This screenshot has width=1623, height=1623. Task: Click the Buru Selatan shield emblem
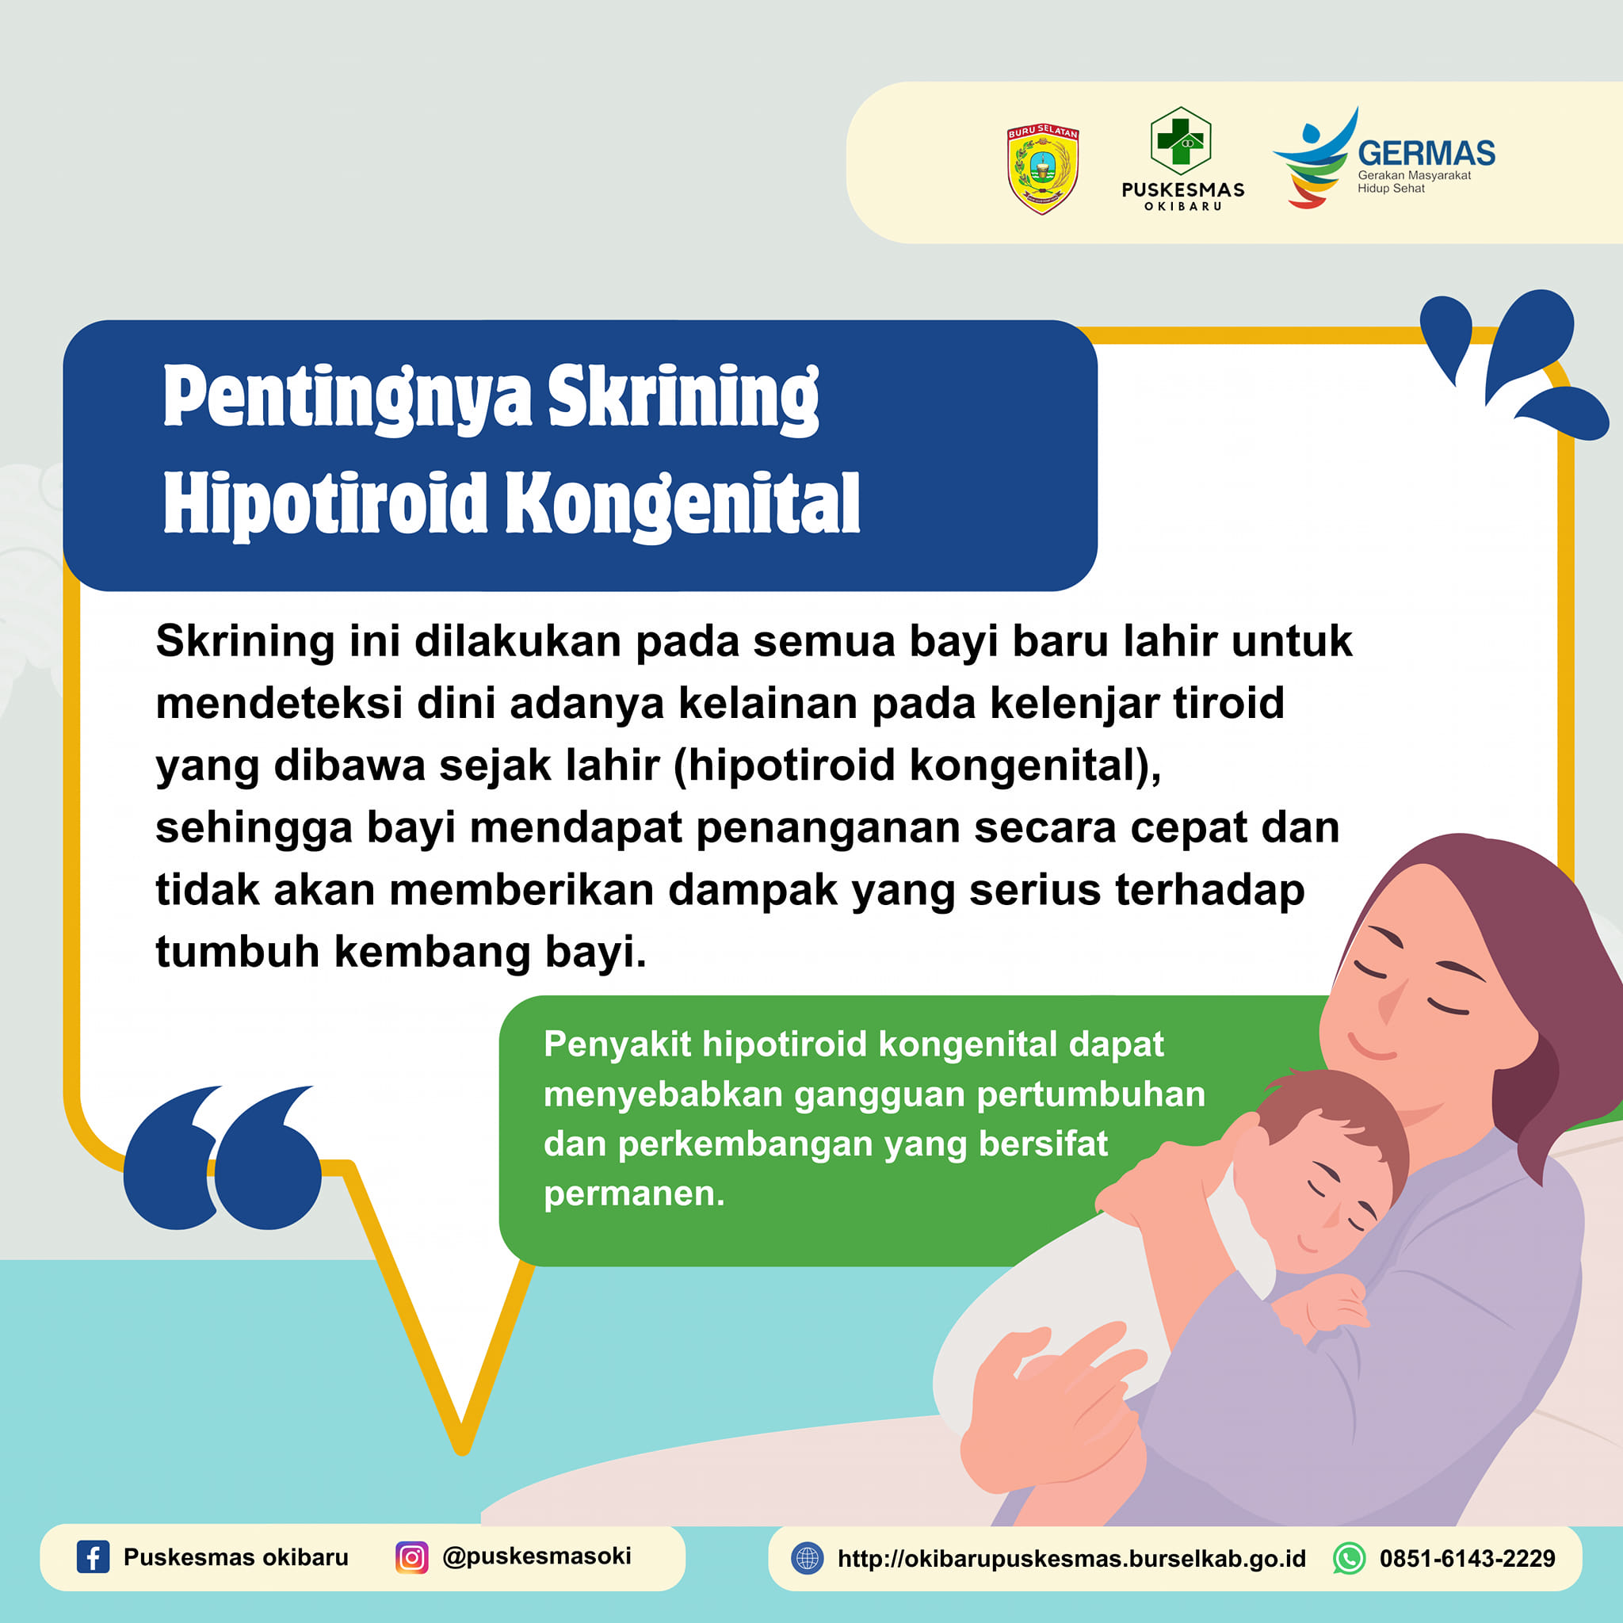1043,169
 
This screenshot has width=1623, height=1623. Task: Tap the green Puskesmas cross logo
1180,140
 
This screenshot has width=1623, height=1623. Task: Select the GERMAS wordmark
1426,153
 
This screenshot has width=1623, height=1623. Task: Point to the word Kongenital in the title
682,503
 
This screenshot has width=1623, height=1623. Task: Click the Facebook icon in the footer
94,1556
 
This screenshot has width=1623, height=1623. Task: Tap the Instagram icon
411,1556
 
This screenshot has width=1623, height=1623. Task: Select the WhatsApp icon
1349,1558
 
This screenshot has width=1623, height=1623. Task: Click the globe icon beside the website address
808,1558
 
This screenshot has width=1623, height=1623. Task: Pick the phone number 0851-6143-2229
1468,1559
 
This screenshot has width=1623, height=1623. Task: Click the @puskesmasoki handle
537,1556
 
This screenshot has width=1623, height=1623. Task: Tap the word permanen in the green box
634,1193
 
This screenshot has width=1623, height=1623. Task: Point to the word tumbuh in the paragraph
238,952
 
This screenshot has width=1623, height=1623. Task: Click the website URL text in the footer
1072,1559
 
